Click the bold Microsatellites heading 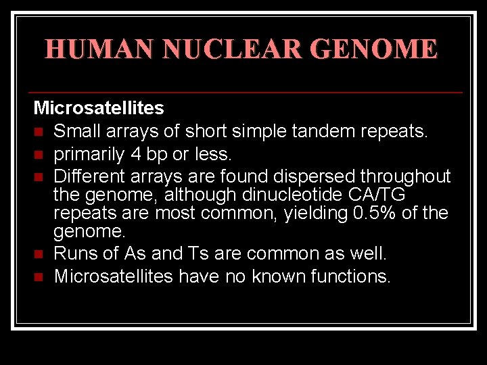[99, 108]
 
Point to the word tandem [329, 131]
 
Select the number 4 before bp [137, 154]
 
